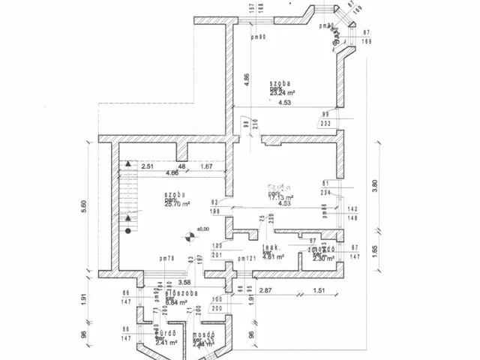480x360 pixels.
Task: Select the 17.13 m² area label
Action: coord(282,196)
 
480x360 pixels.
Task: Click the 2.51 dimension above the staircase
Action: coord(147,166)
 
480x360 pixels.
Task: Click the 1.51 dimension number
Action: coord(318,290)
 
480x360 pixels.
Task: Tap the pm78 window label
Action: coord(167,259)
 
